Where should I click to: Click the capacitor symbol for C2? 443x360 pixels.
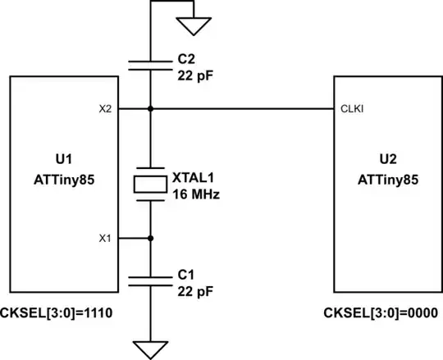pos(150,66)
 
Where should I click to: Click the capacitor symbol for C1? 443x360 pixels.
pos(150,281)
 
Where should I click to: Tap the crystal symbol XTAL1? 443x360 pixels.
pos(150,185)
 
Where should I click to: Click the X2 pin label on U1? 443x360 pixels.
pos(106,108)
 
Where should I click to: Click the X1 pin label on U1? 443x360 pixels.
pos(106,239)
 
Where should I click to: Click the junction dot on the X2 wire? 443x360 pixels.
pos(150,108)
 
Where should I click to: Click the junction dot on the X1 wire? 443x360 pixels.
pos(150,239)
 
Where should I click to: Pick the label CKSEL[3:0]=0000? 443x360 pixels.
pos(381,313)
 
